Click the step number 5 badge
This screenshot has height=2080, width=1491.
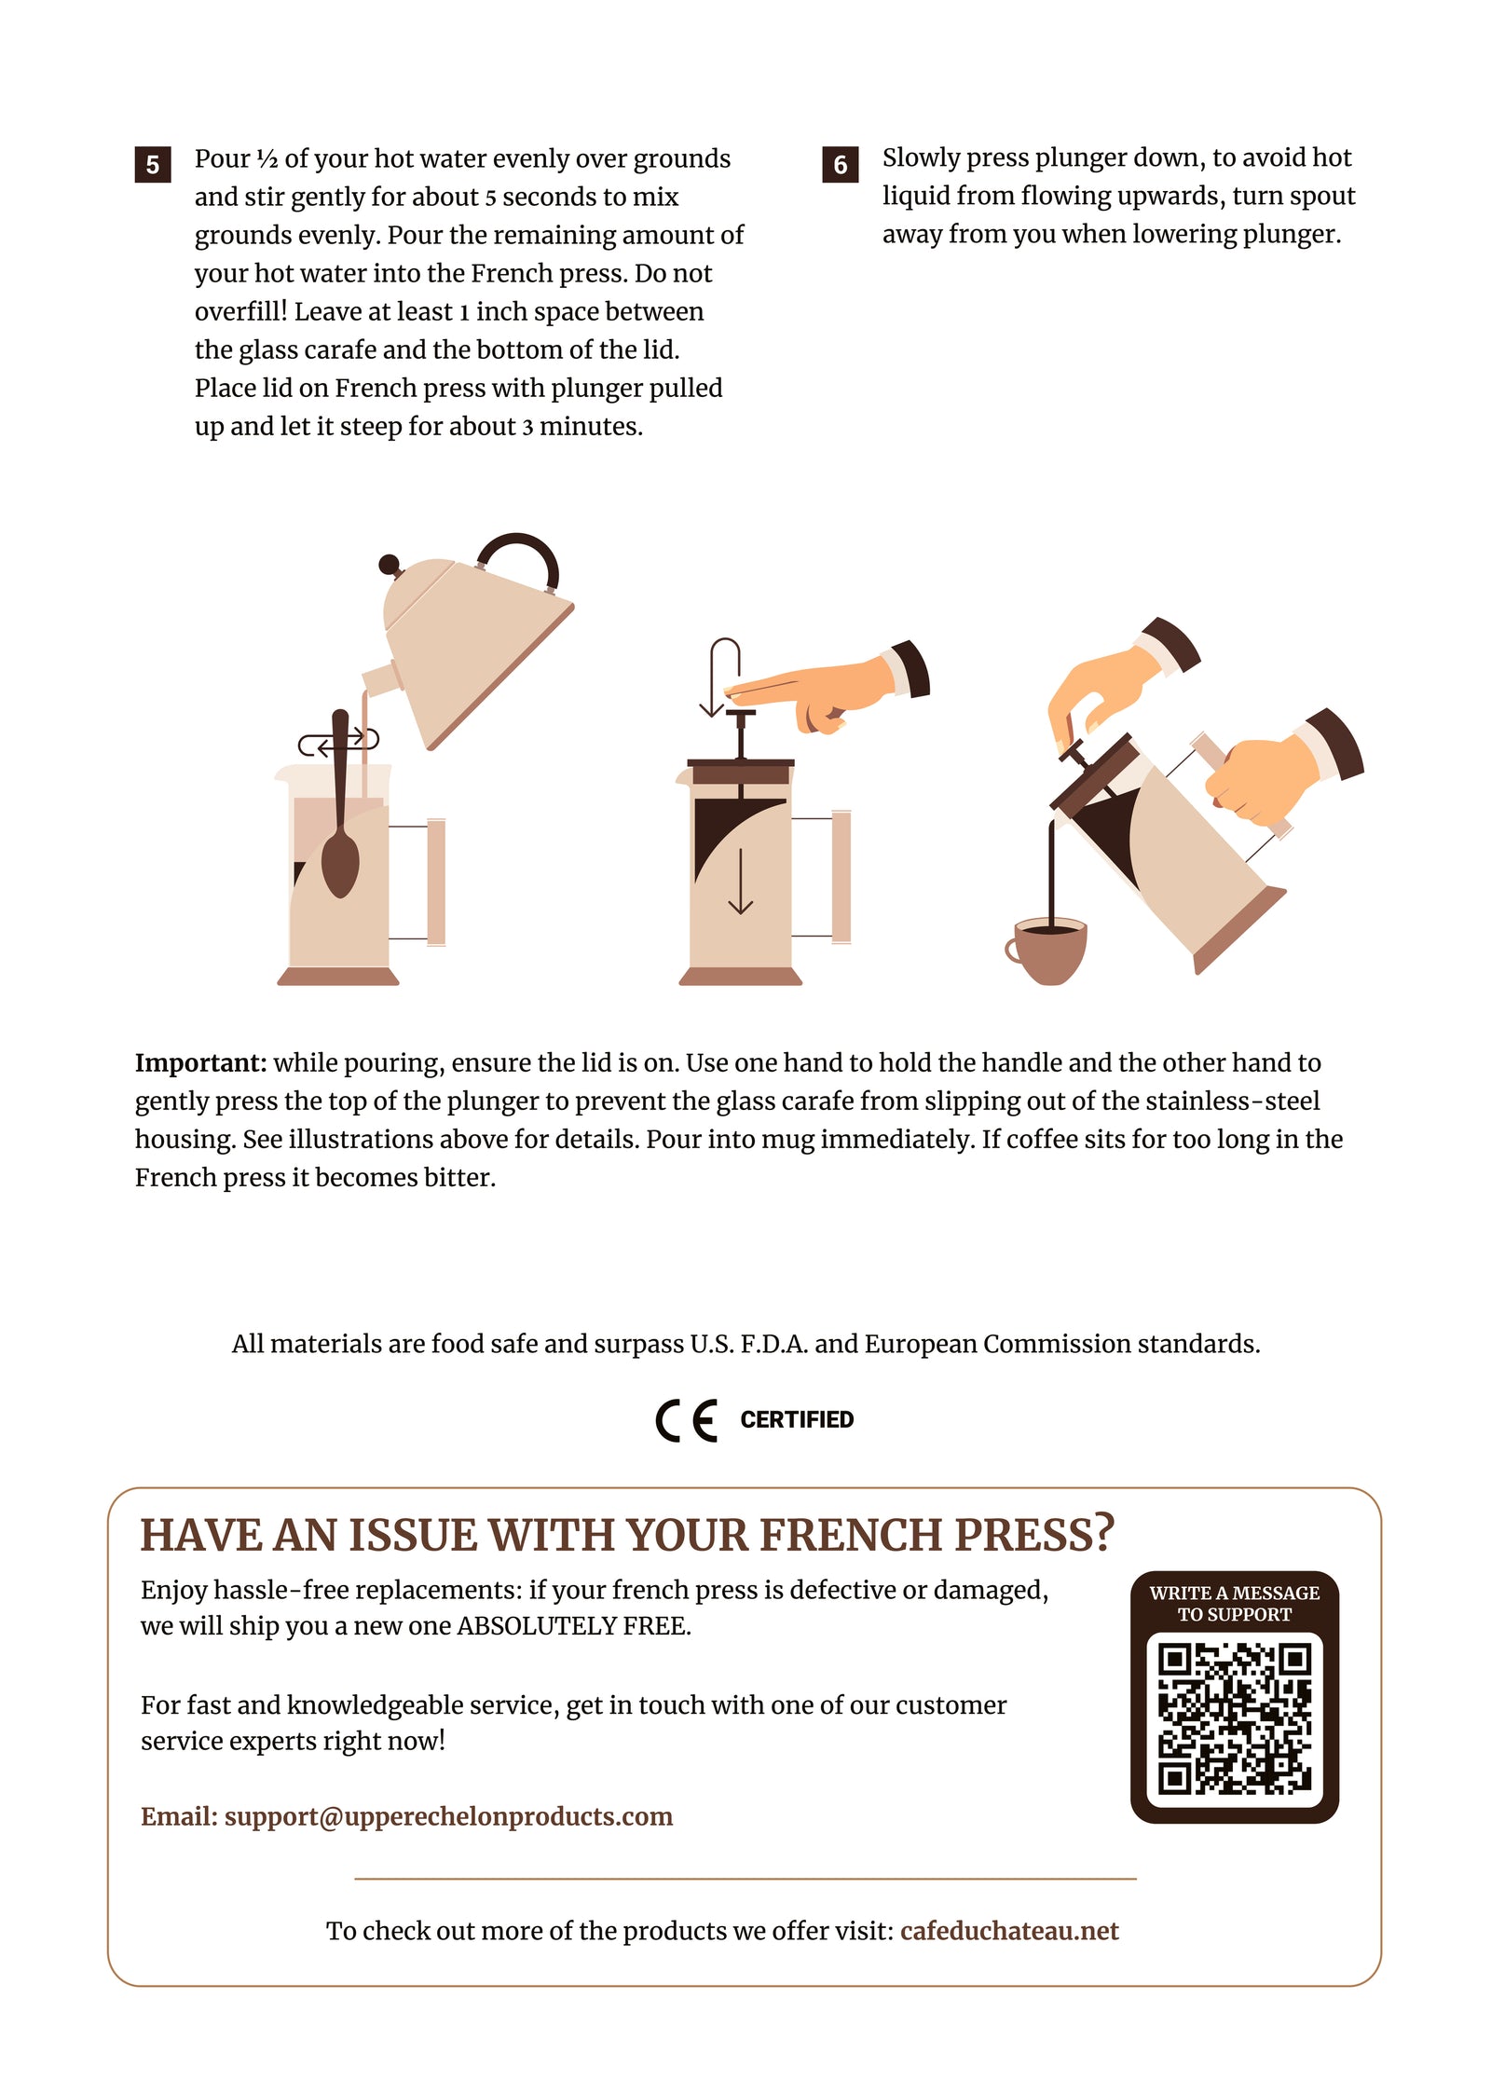click(x=152, y=165)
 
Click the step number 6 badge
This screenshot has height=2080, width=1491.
click(x=840, y=165)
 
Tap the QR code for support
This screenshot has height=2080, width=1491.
click(x=1234, y=1718)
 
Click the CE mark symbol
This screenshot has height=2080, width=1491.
click(x=687, y=1420)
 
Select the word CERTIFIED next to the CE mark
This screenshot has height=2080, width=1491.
click(x=797, y=1419)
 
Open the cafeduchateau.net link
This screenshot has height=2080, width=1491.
click(x=1009, y=1930)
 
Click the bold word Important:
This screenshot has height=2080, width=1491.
click(x=201, y=1062)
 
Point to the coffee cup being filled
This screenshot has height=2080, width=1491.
click(x=1046, y=950)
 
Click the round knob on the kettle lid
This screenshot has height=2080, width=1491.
click(x=390, y=565)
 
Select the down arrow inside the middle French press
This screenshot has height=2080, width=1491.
click(x=741, y=881)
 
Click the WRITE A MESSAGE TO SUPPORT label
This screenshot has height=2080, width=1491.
click(x=1234, y=1604)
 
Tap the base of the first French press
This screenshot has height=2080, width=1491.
click(x=338, y=976)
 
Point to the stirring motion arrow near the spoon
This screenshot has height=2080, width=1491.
click(x=338, y=743)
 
